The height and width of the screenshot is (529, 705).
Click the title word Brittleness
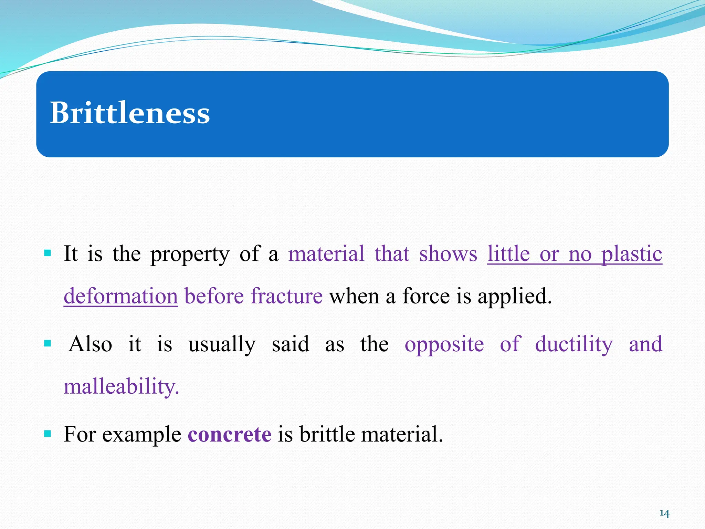click(130, 113)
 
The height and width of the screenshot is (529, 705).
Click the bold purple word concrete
click(230, 434)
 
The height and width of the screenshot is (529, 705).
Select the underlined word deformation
click(121, 296)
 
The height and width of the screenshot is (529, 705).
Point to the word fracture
click(286, 296)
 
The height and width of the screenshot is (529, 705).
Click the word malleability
click(121, 386)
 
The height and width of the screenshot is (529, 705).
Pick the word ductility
click(574, 344)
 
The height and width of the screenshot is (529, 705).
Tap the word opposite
click(444, 344)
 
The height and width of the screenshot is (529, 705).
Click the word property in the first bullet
click(190, 255)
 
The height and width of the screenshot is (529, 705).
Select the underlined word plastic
click(632, 255)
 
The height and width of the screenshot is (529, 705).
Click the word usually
click(222, 344)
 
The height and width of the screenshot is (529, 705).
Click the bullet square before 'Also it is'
click(48, 343)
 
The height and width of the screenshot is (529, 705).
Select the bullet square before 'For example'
click(48, 433)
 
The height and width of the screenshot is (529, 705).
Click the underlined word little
click(508, 254)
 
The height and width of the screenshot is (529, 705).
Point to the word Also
click(91, 344)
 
